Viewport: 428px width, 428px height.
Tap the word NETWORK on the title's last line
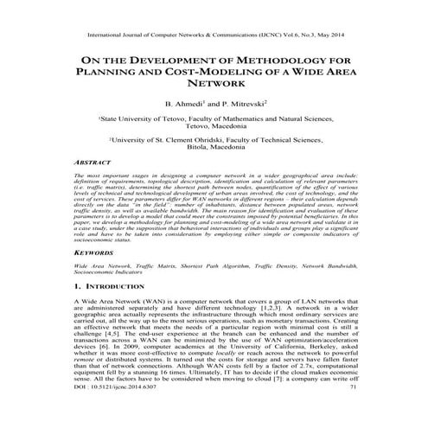tap(214, 88)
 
